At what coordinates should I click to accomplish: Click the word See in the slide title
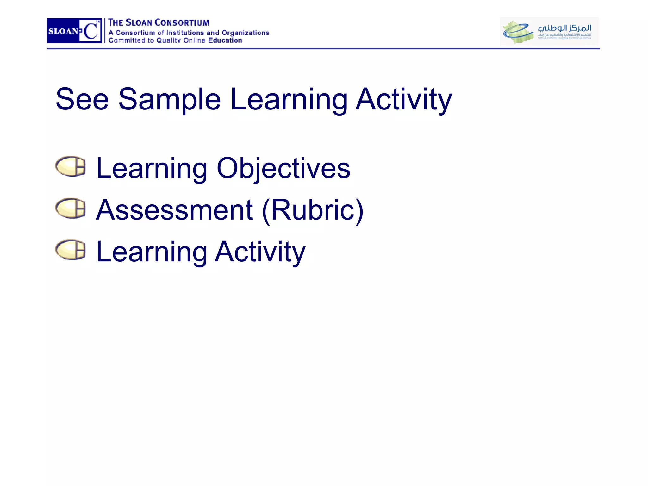[x=82, y=99]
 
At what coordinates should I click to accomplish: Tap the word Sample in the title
[x=169, y=99]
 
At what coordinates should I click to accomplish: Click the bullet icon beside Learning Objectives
[x=71, y=166]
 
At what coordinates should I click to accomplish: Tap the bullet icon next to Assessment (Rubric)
[x=71, y=208]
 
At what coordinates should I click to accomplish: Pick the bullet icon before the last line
[x=71, y=250]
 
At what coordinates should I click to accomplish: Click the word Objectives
[x=283, y=168]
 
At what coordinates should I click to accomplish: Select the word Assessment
[x=174, y=210]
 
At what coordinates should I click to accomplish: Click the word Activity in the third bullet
[x=260, y=252]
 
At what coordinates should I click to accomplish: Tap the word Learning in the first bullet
[x=152, y=168]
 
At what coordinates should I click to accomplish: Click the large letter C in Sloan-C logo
[x=91, y=31]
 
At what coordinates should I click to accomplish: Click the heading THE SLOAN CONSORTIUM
[x=159, y=23]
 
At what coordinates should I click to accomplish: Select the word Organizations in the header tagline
[x=245, y=33]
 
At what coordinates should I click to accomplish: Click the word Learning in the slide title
[x=289, y=99]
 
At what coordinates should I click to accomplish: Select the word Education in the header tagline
[x=225, y=40]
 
